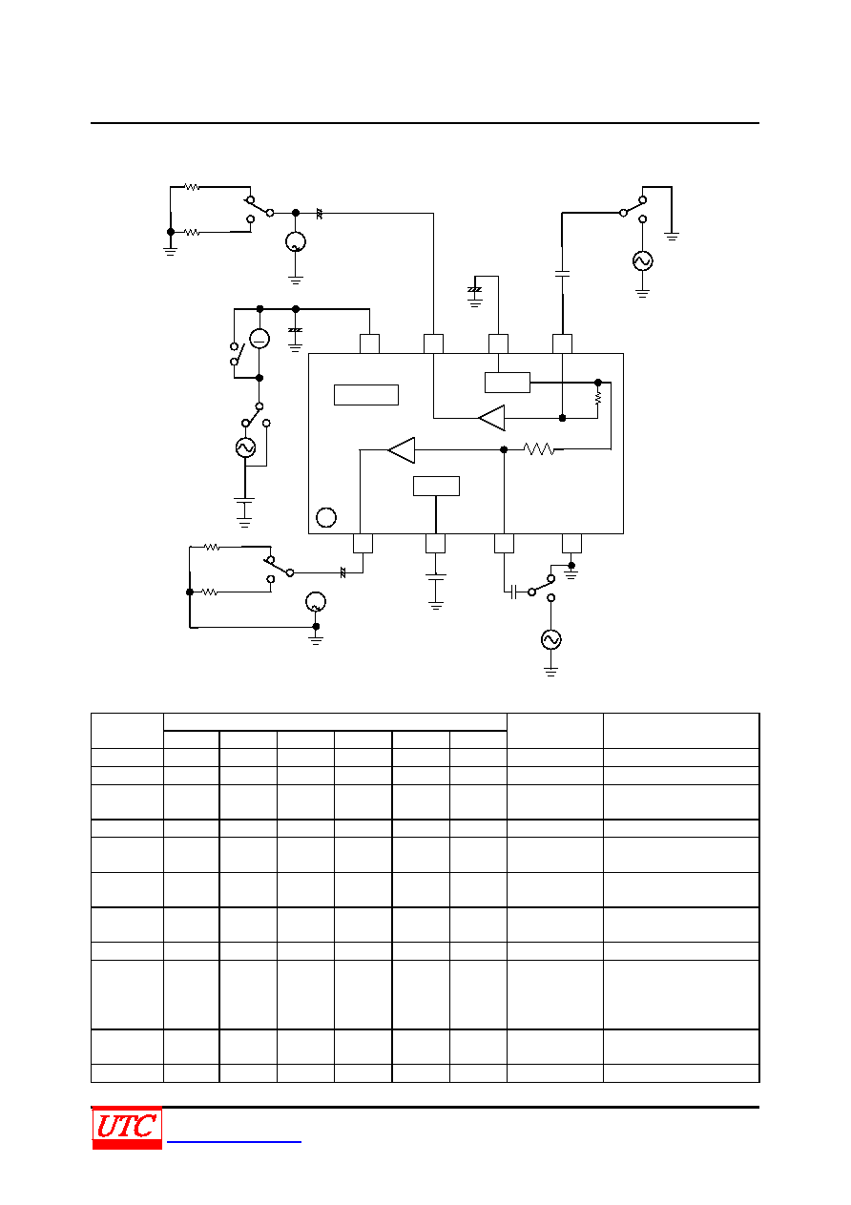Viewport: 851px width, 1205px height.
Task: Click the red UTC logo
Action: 127,1128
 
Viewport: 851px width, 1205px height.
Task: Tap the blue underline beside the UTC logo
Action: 234,1141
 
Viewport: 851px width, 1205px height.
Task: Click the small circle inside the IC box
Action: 326,517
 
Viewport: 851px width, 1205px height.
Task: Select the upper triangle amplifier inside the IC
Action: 491,418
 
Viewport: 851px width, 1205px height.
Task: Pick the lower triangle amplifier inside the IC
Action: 402,449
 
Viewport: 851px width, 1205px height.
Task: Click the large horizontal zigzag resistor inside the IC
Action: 539,449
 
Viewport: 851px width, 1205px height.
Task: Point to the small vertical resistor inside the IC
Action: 597,399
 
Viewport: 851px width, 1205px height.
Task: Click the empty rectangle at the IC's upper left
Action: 365,395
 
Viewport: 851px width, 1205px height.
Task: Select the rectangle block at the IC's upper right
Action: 508,383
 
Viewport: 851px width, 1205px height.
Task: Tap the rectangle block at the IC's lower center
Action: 436,487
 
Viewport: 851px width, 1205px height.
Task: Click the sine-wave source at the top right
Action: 642,260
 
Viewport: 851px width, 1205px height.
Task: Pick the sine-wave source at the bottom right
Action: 550,639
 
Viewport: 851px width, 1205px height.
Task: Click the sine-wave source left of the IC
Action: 245,447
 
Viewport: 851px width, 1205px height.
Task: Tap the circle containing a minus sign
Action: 259,339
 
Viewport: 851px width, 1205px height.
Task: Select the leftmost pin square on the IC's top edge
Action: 369,343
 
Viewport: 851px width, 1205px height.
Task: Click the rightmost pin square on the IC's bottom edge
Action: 571,543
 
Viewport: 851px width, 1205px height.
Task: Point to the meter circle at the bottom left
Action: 316,601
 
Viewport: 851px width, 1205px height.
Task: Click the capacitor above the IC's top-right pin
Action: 562,274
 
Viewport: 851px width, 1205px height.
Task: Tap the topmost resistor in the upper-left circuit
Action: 192,187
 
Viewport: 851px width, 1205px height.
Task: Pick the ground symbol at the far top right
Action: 672,237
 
